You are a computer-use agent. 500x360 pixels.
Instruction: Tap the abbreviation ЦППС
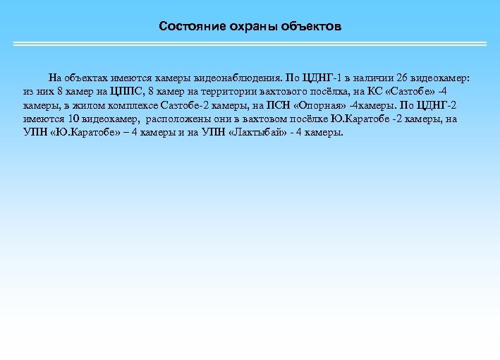(127, 91)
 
